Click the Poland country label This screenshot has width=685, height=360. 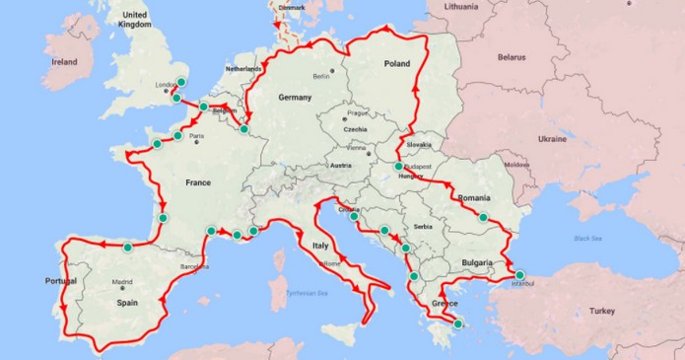[x=396, y=63]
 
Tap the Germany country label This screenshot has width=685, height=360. [x=295, y=98]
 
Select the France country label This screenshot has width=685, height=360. [x=198, y=181]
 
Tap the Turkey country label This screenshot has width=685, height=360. [x=601, y=311]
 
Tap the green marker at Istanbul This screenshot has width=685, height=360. [x=520, y=275]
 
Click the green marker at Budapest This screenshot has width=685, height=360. [x=399, y=167]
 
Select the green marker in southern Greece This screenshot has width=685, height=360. [x=457, y=324]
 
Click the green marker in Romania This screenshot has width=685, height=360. [x=484, y=217]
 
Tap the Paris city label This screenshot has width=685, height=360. [x=196, y=137]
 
